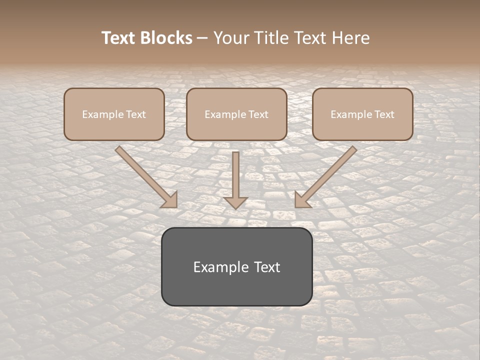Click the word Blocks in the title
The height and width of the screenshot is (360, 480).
click(x=167, y=38)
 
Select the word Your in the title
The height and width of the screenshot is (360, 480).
click(x=229, y=38)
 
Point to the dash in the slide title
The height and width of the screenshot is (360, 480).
click(x=202, y=38)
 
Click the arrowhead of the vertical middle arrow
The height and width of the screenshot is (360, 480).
click(x=235, y=202)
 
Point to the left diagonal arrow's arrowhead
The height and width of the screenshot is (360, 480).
click(x=170, y=200)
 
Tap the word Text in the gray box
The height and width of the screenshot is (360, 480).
click(x=266, y=267)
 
